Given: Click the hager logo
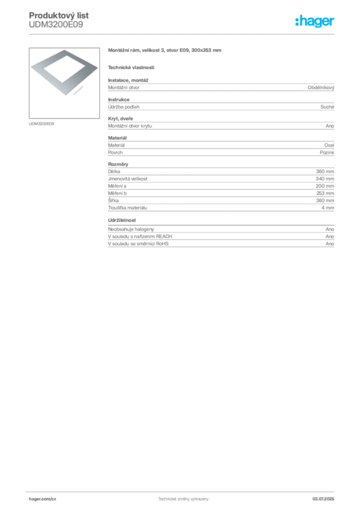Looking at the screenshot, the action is click(315, 21).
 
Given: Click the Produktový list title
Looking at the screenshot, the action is click(59, 15).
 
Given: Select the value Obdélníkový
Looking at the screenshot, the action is click(321, 87).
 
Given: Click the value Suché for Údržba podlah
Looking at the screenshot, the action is click(327, 107).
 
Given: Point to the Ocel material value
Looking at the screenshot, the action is click(329, 145).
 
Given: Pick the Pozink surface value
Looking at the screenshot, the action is click(327, 152).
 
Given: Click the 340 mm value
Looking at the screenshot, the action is click(325, 178).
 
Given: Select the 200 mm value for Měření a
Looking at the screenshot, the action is click(325, 186).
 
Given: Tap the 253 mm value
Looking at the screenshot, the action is click(325, 193).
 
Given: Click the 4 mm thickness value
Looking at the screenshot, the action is click(328, 208).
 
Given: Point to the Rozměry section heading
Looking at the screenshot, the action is click(118, 164).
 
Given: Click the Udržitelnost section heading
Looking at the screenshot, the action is click(122, 220).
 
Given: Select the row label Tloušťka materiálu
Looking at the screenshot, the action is click(128, 208).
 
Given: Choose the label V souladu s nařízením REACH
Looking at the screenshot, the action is click(140, 236).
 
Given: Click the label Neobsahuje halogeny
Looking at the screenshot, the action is click(131, 229).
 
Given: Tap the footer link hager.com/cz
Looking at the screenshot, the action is click(43, 499).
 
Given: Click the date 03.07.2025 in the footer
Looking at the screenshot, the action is click(323, 499).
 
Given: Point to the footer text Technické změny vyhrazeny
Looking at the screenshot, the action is click(183, 499).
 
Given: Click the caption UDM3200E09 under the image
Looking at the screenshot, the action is click(42, 124).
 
